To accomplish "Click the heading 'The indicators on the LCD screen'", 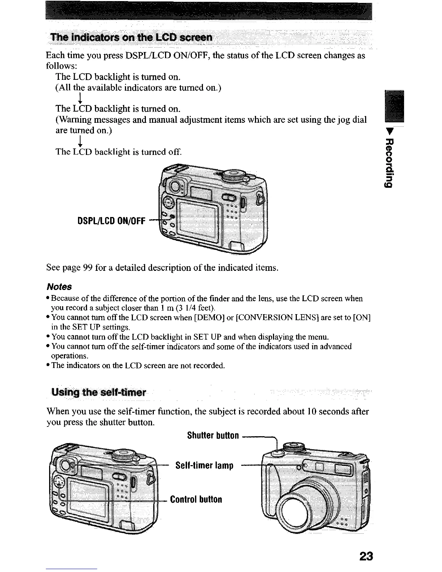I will (131, 38).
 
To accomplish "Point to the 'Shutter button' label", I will (213, 435).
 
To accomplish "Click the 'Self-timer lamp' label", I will (204, 465).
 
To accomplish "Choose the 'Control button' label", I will (196, 499).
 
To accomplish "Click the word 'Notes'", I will (59, 287).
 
